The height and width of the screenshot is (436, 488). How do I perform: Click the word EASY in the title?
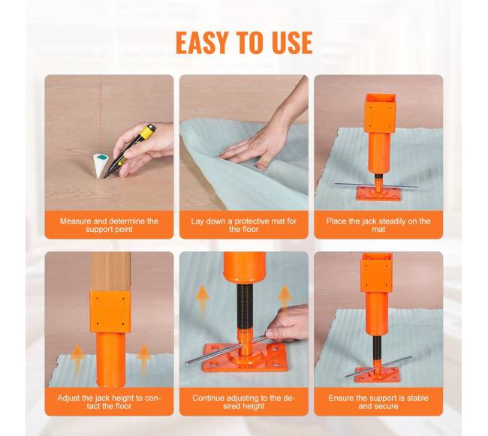click(x=201, y=43)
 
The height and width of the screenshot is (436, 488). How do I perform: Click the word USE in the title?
click(x=292, y=43)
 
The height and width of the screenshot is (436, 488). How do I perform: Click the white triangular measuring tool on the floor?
click(x=101, y=165)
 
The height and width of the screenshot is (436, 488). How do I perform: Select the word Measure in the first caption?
click(x=75, y=221)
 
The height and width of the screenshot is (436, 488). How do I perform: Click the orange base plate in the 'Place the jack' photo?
click(x=378, y=194)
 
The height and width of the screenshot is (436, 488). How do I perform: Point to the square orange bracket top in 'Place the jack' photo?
click(x=380, y=113)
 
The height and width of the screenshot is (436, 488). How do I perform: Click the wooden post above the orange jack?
click(x=110, y=272)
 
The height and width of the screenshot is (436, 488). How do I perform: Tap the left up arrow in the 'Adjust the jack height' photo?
click(x=77, y=358)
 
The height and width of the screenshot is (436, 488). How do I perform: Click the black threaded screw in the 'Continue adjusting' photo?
click(x=244, y=306)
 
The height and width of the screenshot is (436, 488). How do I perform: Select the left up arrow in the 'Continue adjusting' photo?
click(x=203, y=298)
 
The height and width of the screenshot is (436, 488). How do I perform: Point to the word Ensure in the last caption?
click(x=341, y=398)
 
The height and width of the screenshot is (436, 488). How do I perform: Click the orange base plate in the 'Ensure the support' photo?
click(x=377, y=374)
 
